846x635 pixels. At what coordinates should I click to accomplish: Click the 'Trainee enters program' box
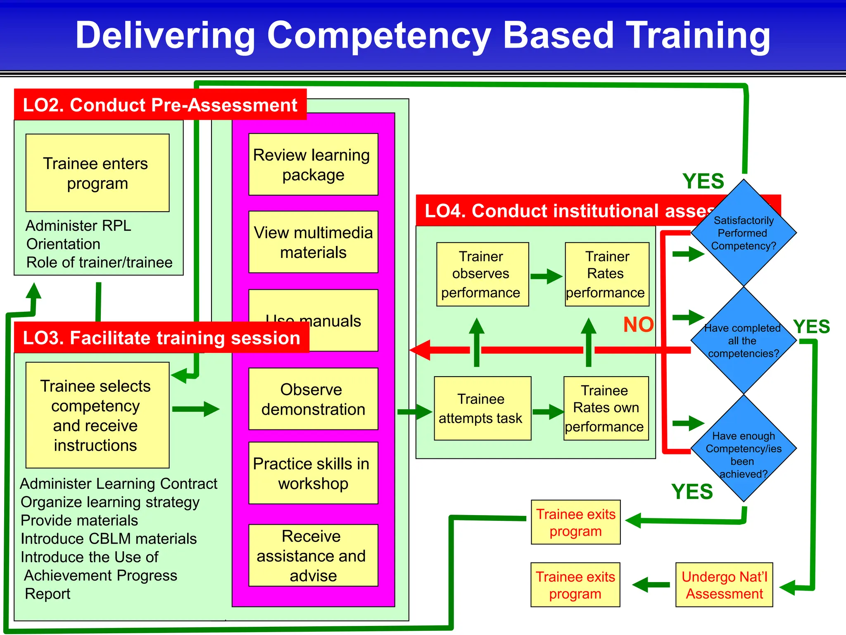(x=97, y=173)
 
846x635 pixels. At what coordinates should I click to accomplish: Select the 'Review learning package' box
(x=313, y=164)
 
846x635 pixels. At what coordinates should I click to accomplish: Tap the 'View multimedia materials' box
(x=313, y=242)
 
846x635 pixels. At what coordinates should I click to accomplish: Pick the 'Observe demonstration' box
(x=313, y=399)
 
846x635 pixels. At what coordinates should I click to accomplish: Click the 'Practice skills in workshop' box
(x=313, y=473)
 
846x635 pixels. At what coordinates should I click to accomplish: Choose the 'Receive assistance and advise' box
(x=313, y=555)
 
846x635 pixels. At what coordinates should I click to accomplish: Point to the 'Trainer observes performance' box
(x=482, y=274)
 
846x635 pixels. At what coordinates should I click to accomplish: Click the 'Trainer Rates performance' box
(x=607, y=274)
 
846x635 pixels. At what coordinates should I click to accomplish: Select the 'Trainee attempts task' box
(x=482, y=408)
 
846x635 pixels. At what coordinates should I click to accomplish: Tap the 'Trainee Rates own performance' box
(x=606, y=408)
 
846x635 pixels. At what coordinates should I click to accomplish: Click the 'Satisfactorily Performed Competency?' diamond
(x=744, y=233)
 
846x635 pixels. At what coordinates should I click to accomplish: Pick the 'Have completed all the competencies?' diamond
(x=744, y=340)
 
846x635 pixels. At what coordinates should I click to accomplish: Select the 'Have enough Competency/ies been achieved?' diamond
(x=744, y=449)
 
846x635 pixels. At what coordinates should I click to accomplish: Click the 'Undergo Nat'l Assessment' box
(x=724, y=585)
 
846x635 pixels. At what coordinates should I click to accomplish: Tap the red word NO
(x=638, y=325)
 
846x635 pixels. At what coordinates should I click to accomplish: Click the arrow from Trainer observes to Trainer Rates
(x=547, y=276)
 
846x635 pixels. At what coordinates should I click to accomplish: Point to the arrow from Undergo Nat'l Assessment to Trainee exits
(x=651, y=585)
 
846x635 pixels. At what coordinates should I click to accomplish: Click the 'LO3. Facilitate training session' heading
(x=162, y=338)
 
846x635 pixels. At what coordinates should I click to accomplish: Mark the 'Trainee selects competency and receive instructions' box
(x=97, y=415)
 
